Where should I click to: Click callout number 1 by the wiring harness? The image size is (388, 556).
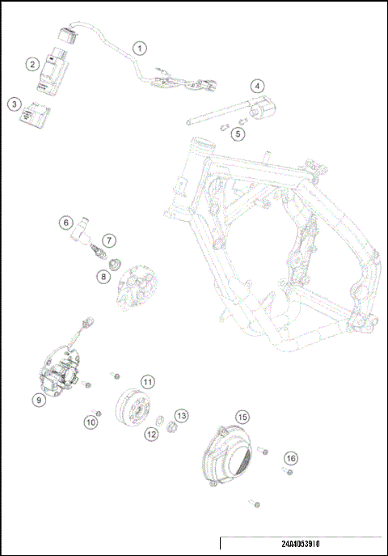141,48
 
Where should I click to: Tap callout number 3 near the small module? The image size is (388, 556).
13,104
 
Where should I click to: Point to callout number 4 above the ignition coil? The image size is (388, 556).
256,86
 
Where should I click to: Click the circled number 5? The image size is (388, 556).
238,133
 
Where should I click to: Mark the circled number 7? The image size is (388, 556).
108,240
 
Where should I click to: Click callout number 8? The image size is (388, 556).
103,276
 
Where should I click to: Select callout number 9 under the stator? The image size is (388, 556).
38,399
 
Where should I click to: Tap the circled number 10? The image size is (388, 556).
91,421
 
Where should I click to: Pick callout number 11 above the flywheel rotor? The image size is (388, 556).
147,380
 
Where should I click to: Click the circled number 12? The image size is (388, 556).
152,435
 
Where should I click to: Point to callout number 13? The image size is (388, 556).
182,415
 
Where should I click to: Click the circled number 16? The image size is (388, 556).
291,459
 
